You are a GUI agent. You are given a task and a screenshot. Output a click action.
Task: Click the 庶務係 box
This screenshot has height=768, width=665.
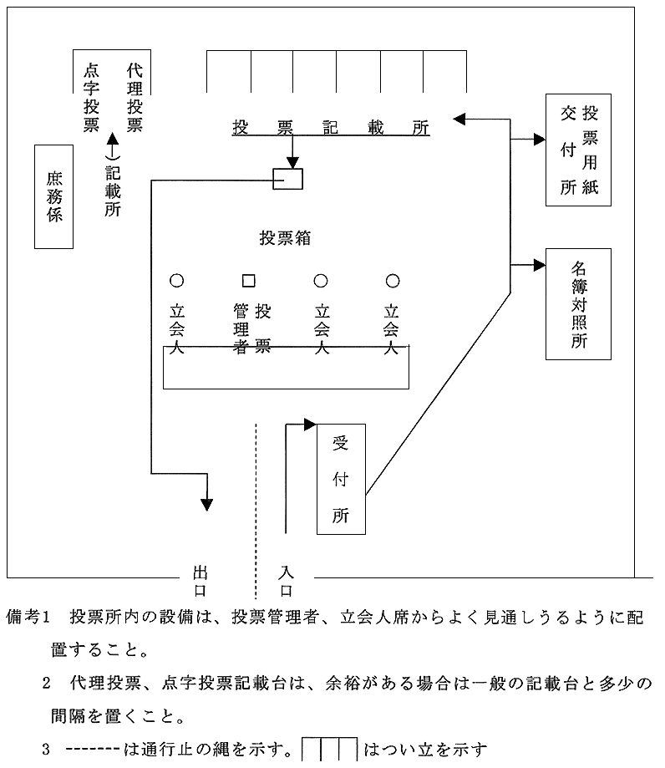click(54, 196)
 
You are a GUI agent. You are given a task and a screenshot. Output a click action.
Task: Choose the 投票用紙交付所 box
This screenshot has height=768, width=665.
click(577, 150)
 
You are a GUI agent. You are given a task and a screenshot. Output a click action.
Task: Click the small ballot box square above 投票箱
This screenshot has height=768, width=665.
click(288, 179)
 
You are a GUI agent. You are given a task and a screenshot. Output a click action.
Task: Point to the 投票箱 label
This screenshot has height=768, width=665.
click(285, 237)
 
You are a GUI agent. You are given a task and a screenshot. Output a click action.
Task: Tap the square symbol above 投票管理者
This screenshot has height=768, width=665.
click(248, 281)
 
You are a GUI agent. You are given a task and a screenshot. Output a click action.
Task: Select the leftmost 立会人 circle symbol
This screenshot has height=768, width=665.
click(176, 281)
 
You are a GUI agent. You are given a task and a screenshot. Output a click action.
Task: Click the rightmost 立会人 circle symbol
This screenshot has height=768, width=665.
click(392, 281)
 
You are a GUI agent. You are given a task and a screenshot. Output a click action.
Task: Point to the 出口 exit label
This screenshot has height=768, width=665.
click(200, 581)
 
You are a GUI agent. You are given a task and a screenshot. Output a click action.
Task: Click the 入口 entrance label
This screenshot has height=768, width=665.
click(286, 581)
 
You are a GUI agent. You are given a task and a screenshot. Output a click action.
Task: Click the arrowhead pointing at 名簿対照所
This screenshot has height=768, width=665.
click(539, 266)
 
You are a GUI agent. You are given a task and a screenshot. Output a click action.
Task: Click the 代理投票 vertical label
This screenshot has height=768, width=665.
click(135, 97)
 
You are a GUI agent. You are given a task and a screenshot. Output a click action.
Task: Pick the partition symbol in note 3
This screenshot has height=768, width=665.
click(330, 747)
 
